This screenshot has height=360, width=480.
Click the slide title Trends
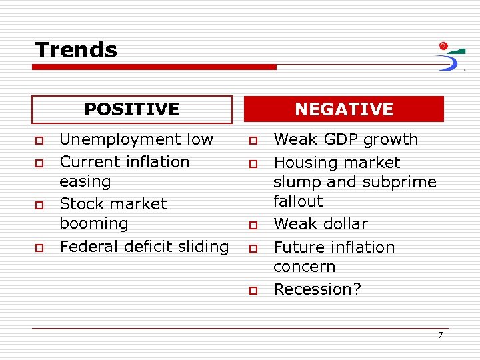point(76,50)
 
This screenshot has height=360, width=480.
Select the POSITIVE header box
point(132,109)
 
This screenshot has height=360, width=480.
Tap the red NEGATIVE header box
point(344,109)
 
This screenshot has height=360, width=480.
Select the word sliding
point(201,247)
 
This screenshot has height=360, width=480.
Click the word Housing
point(304,163)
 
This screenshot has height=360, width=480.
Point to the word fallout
point(298,201)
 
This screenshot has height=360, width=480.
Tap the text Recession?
point(317,289)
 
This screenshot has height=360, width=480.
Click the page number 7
point(440,335)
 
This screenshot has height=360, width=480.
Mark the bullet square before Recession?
point(253,291)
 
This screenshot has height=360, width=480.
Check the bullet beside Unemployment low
point(39,141)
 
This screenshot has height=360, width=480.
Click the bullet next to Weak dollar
point(253,225)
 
